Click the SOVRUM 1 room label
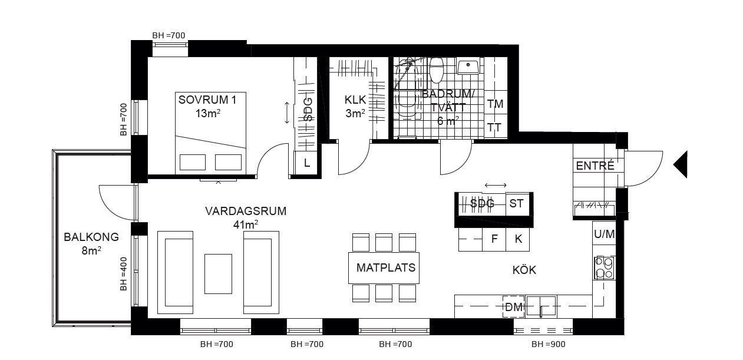(x=207, y=100)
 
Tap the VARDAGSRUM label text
(x=246, y=211)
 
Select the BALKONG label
(x=91, y=237)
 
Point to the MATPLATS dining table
(x=384, y=267)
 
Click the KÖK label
(x=524, y=269)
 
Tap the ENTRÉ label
(x=595, y=166)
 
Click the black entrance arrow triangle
(x=681, y=164)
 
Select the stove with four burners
(x=605, y=267)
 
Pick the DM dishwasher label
(x=513, y=307)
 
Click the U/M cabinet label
(x=605, y=234)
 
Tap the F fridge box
(x=494, y=239)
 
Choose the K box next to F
(x=518, y=239)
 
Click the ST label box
(x=517, y=203)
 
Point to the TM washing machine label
(x=495, y=104)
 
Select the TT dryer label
(x=494, y=127)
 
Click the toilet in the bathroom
(x=436, y=70)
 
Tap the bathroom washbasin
(x=468, y=67)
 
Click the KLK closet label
(x=355, y=100)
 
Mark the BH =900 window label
(x=549, y=345)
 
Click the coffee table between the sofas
(x=218, y=274)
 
